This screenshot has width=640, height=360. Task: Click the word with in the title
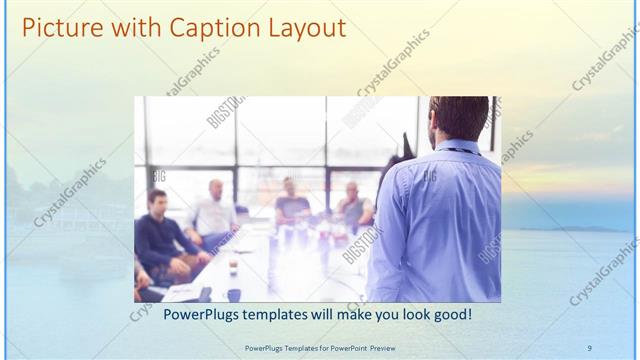tap(128, 28)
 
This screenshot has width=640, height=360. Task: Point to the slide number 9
tap(589, 347)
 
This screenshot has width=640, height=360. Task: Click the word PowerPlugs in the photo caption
tap(174, 315)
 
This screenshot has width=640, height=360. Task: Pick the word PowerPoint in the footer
tap(342, 347)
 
